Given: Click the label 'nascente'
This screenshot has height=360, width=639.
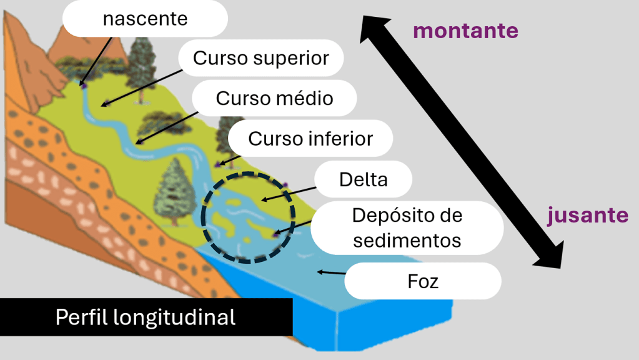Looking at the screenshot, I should click(145, 19).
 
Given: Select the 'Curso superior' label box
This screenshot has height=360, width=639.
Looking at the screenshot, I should click(261, 58).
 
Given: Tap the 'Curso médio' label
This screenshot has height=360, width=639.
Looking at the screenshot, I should click(274, 98).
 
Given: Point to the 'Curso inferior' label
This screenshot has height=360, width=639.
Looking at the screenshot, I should click(310, 138).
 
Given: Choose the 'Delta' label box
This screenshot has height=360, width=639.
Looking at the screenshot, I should click(363, 180).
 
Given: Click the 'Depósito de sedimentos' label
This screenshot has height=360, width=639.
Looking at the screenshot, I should click(407, 227).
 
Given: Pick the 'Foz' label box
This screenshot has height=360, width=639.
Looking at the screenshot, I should click(423, 281).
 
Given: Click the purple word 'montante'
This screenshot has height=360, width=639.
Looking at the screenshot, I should click(465, 31).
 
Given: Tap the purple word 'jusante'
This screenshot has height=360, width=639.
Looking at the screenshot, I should click(587, 215).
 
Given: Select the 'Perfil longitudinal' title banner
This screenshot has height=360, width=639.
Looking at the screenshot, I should click(146, 317).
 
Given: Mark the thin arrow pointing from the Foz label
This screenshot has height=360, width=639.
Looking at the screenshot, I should click(331, 272).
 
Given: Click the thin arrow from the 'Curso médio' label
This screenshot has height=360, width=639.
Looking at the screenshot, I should click(166, 127).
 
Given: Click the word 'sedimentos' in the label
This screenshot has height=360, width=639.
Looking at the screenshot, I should click(407, 239).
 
